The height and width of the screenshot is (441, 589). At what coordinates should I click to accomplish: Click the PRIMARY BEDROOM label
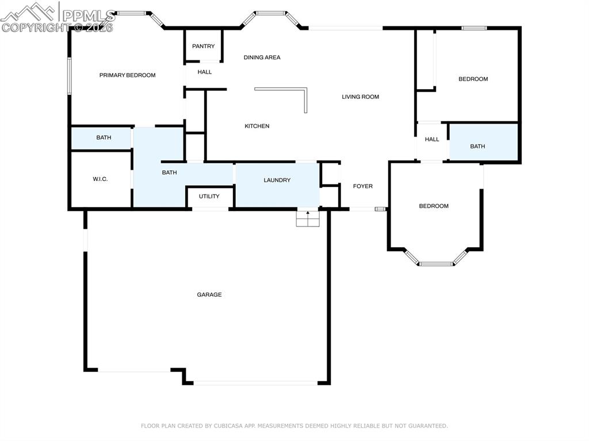coord(127,75)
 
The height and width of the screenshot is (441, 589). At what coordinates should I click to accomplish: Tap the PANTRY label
coord(203,47)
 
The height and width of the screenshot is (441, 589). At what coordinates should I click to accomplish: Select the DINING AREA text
coord(262,57)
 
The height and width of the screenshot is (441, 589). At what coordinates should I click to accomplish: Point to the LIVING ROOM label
coord(360,97)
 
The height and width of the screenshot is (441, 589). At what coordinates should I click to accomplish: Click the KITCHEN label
coord(257,126)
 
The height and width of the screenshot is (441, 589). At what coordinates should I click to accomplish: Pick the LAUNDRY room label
coord(277,180)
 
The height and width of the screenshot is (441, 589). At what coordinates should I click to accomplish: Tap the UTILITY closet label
coord(209,196)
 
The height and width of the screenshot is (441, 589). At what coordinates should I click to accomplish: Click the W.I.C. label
coord(100,179)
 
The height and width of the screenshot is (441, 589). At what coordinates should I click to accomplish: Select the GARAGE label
coord(209,294)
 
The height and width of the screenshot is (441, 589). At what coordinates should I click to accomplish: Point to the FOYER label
coord(362,186)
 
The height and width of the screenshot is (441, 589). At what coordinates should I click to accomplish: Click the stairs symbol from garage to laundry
coord(307,218)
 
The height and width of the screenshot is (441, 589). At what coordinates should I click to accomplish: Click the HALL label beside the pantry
coord(204,72)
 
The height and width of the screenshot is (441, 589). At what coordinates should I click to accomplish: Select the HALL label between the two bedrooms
coord(431,139)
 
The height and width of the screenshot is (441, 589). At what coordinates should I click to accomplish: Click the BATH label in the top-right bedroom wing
coord(477,146)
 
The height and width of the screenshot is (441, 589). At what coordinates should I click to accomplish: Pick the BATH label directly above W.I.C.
coord(104,137)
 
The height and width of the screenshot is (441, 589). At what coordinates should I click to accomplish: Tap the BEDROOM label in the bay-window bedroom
coord(433,206)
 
